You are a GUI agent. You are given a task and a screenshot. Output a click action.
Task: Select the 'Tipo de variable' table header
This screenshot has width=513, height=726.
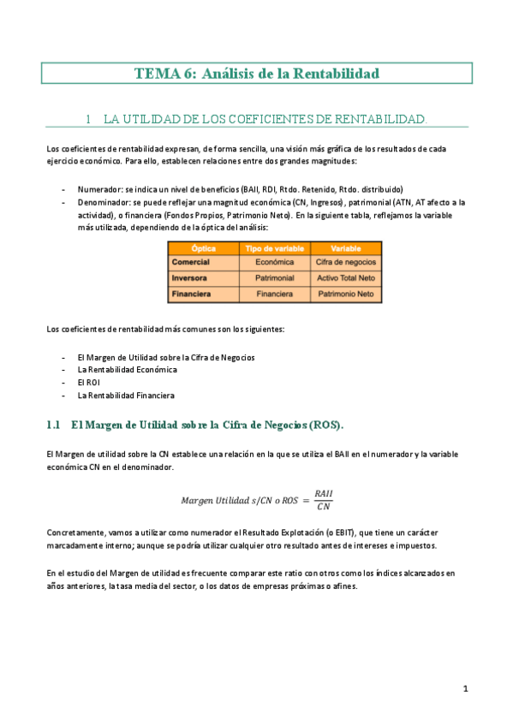click(275, 248)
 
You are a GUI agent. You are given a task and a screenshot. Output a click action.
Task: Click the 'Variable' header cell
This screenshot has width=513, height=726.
click(345, 248)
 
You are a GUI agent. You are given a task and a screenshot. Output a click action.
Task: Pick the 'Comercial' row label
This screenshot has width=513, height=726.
click(192, 262)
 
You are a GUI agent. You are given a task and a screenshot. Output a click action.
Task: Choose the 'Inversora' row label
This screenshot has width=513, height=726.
click(190, 278)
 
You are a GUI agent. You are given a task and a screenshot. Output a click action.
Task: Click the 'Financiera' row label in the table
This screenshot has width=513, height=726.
click(192, 294)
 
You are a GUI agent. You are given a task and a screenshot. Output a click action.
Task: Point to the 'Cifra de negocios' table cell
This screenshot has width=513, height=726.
click(345, 262)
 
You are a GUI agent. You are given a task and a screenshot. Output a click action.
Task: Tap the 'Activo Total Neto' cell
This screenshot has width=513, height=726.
click(345, 278)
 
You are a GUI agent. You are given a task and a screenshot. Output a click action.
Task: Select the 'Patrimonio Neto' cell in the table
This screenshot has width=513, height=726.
click(345, 294)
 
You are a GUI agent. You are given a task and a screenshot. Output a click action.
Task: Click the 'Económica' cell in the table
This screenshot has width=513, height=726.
click(275, 262)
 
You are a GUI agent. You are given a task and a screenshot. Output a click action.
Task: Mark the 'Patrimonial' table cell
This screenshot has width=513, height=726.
click(275, 278)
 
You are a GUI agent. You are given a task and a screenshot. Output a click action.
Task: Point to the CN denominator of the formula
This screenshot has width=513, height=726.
click(324, 507)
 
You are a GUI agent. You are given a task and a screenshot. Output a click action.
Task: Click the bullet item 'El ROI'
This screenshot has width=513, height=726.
click(88, 383)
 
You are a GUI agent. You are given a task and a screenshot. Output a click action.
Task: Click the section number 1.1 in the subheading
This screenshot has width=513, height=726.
click(54, 425)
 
